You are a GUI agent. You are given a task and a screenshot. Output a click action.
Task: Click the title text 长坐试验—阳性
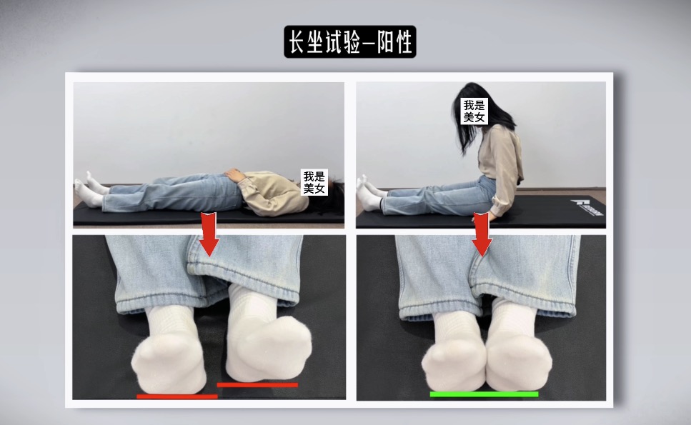(x=350, y=42)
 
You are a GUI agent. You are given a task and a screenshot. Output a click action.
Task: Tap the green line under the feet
(x=484, y=394)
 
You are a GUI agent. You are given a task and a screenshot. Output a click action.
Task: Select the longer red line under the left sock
(x=177, y=396)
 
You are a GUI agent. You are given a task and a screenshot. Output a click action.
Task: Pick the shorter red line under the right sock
(x=257, y=385)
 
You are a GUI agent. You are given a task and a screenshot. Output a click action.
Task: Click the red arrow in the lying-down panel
(x=209, y=234)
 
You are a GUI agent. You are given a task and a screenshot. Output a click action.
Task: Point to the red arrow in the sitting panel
(x=482, y=234)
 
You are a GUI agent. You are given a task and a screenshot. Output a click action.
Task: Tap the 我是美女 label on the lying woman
(x=314, y=182)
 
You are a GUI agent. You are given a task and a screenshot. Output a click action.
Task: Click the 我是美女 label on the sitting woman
(x=474, y=111)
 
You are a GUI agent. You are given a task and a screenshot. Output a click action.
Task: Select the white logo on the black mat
(x=587, y=207)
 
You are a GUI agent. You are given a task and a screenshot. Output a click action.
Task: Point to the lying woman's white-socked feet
(x=90, y=190)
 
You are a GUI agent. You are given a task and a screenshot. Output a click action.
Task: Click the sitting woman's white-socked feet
(x=370, y=194)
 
